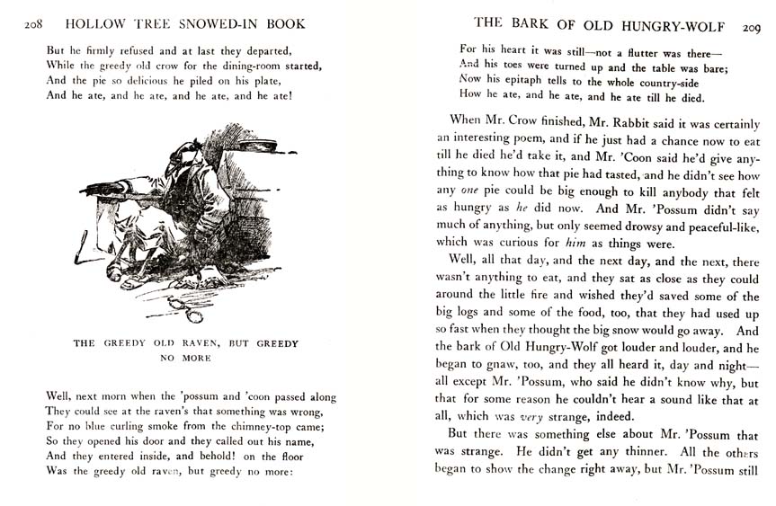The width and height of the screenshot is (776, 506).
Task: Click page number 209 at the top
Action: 752,28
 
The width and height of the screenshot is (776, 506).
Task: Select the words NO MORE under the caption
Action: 184,358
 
